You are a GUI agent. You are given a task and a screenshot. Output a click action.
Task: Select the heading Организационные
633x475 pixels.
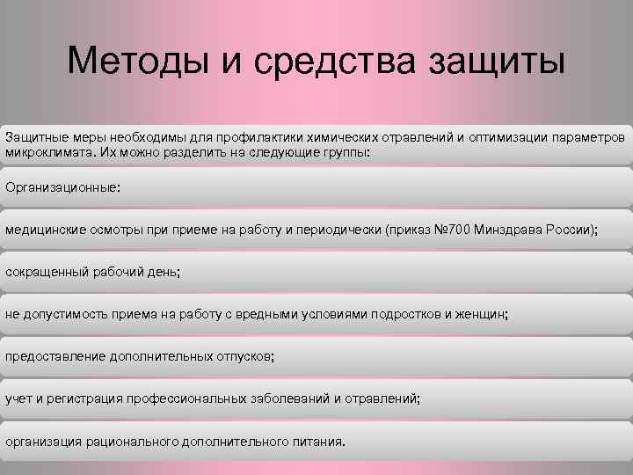pos(62,187)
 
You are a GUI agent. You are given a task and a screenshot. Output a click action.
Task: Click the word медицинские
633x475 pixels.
pos(44,230)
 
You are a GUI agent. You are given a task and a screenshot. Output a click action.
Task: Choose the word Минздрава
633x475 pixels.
pos(511,230)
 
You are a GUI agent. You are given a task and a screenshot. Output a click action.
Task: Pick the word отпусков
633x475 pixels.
pos(244,356)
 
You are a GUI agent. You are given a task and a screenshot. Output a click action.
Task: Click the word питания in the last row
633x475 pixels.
pos(316,441)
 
